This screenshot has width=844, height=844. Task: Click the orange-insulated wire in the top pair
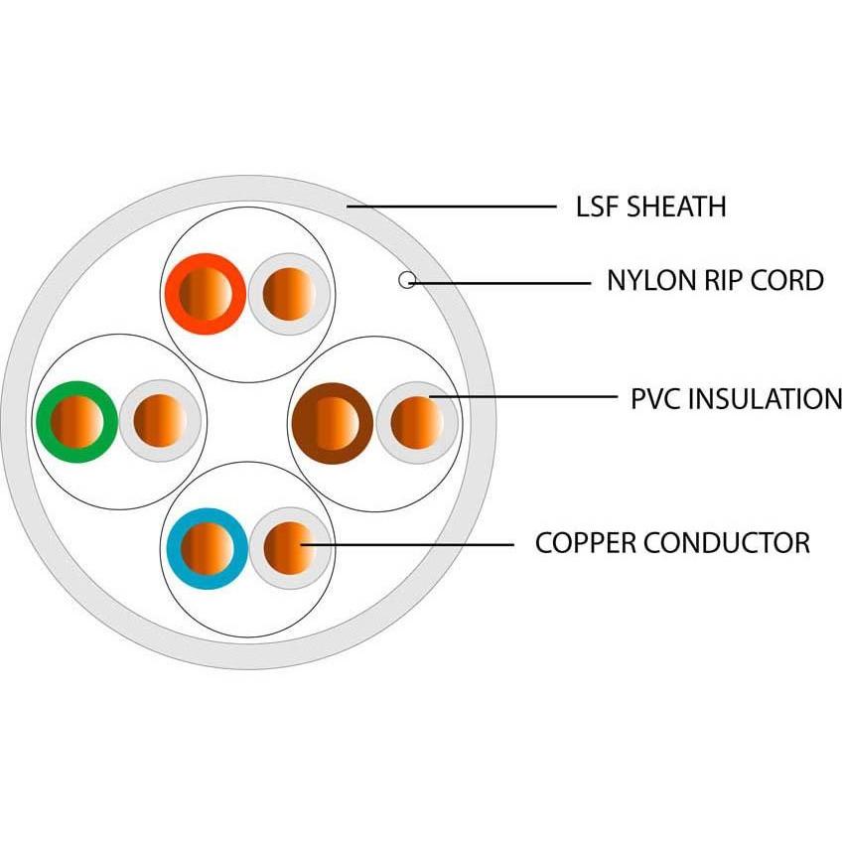click(206, 293)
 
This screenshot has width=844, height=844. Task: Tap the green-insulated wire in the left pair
click(76, 421)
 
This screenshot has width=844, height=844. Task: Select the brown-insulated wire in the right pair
click(333, 422)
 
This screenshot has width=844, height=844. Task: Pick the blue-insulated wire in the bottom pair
click(208, 548)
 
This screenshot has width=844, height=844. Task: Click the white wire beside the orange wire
click(289, 294)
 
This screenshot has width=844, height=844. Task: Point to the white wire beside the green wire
click(160, 421)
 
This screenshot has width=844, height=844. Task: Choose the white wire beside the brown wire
click(417, 422)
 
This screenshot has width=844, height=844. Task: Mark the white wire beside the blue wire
click(289, 548)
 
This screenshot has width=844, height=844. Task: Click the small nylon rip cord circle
click(406, 280)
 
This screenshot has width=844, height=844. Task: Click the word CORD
click(788, 281)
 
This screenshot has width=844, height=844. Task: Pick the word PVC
click(656, 399)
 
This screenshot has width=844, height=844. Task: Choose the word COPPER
click(585, 543)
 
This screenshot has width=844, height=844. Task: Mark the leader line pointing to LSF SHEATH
click(452, 207)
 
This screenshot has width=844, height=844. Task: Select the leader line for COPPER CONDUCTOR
click(407, 544)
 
